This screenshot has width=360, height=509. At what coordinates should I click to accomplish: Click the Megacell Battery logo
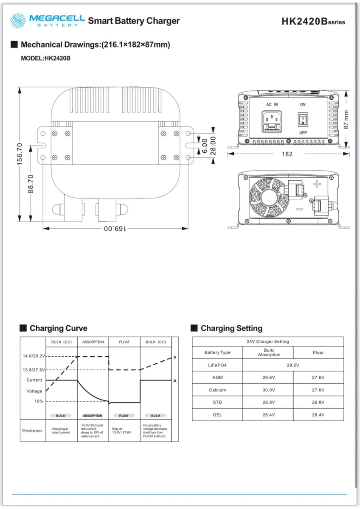[48, 20]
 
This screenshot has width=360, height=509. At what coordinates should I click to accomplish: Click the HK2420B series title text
[313, 22]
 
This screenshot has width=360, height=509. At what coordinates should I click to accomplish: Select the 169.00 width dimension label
[115, 229]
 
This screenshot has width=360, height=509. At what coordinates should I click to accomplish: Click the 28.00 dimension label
[214, 145]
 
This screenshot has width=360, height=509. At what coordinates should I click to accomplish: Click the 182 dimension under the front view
[287, 154]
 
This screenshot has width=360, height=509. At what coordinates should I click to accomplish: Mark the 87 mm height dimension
[346, 120]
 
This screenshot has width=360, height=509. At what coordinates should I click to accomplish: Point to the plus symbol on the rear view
[317, 184]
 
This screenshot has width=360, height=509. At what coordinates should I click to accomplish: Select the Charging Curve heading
[58, 328]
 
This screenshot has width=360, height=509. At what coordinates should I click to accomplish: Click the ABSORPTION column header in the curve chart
[93, 342]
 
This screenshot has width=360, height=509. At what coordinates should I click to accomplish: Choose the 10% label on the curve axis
[39, 401]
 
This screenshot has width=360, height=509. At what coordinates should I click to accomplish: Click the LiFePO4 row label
[217, 365]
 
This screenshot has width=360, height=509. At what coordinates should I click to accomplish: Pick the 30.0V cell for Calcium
[268, 390]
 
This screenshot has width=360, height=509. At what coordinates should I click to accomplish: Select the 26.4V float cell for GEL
[318, 414]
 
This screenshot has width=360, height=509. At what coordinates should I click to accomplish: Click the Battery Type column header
[217, 352]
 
